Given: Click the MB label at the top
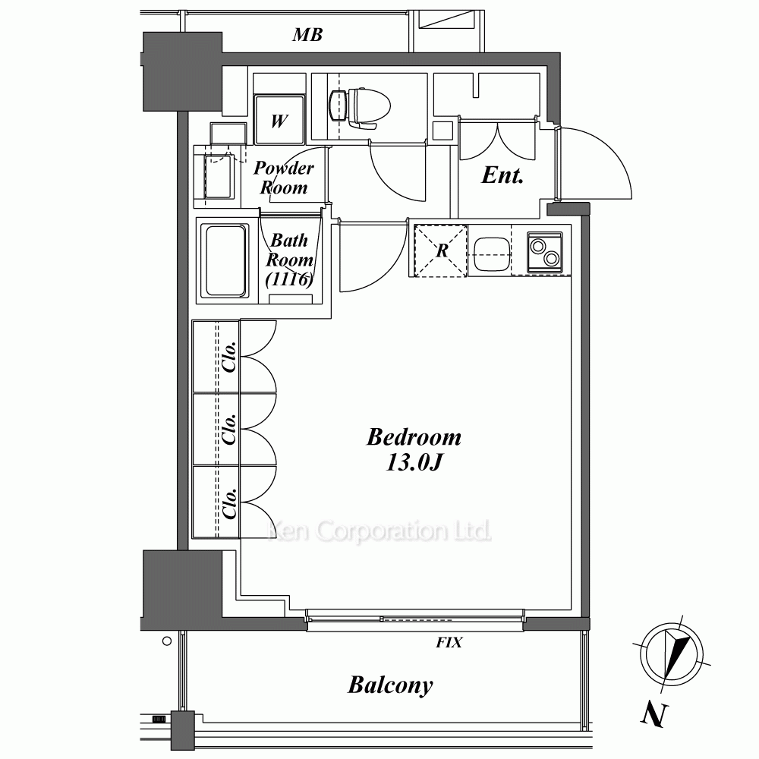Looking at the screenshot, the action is click(307, 35).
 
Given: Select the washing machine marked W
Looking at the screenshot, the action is click(280, 120).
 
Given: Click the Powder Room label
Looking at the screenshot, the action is click(284, 178).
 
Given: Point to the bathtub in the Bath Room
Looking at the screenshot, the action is click(225, 260).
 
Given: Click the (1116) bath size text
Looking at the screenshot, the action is click(289, 279).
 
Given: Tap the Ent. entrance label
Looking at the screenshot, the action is click(502, 175).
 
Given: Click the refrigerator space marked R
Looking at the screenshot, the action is click(441, 250).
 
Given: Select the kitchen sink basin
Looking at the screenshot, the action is click(492, 254).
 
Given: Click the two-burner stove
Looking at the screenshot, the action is click(544, 253).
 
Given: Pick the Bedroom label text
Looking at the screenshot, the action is click(414, 437).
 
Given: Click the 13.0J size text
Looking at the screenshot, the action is click(414, 462).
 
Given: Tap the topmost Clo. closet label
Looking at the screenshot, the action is click(229, 357).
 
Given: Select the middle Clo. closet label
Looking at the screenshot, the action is click(229, 430).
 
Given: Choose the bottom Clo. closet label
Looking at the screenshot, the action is click(229, 503).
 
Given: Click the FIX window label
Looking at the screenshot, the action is click(449, 642).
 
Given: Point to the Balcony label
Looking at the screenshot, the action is click(390, 685).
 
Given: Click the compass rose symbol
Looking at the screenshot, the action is click(672, 654).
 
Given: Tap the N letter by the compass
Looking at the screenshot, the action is click(655, 715).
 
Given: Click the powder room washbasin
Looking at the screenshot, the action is click(217, 176).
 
